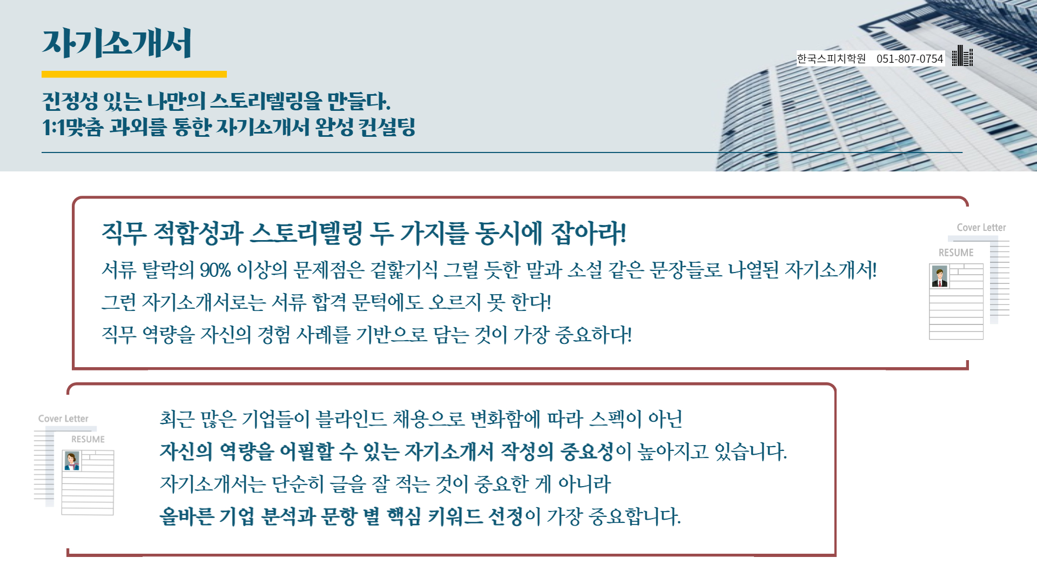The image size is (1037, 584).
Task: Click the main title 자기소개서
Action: point(117,43)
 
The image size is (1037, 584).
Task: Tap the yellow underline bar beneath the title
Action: point(134,74)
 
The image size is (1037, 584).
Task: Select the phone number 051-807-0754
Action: point(910,58)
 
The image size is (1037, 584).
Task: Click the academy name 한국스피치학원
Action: point(831,58)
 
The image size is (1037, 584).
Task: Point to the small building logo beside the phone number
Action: point(962,56)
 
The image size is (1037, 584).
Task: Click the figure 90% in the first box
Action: point(216,269)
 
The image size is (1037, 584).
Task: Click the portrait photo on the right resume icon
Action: point(940,276)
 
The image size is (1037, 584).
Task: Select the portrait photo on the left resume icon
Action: point(72,461)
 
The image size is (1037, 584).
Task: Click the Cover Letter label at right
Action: point(981,228)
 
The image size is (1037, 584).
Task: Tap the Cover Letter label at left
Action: point(63,419)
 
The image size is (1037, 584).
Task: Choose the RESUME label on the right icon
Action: point(956,253)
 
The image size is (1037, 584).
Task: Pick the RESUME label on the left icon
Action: point(88,439)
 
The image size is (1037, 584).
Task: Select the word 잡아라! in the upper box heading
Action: point(588,233)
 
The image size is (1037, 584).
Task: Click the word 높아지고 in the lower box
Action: point(673,452)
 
